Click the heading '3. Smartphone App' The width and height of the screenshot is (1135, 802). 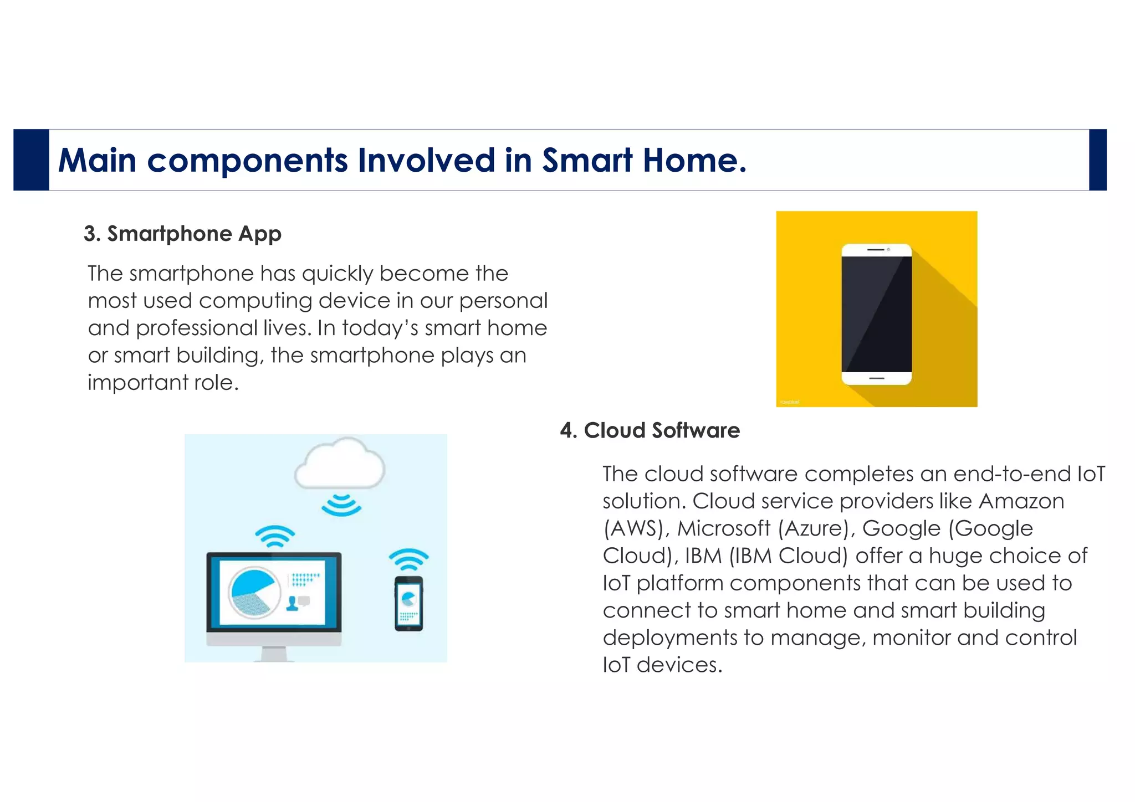(x=182, y=234)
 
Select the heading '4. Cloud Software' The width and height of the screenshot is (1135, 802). (x=650, y=430)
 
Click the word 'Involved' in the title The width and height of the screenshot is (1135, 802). (x=426, y=161)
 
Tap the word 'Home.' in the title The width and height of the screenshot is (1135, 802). (x=695, y=161)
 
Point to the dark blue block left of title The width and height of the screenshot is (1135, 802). (x=31, y=160)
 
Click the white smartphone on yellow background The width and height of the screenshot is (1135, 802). (x=876, y=314)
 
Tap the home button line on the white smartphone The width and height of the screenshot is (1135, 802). (x=876, y=378)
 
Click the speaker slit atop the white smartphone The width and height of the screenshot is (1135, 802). (x=876, y=250)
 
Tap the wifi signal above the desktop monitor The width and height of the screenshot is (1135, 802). (x=275, y=536)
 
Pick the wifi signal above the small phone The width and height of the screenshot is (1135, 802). (x=408, y=559)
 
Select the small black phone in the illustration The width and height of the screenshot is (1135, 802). (x=408, y=603)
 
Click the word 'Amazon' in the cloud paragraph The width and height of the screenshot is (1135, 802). (x=1021, y=501)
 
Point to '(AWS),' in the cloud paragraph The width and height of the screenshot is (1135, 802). (x=636, y=528)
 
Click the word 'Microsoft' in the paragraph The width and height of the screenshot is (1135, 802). (x=724, y=528)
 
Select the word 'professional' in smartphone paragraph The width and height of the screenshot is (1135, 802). (x=197, y=328)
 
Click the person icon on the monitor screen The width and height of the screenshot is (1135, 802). (x=292, y=603)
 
